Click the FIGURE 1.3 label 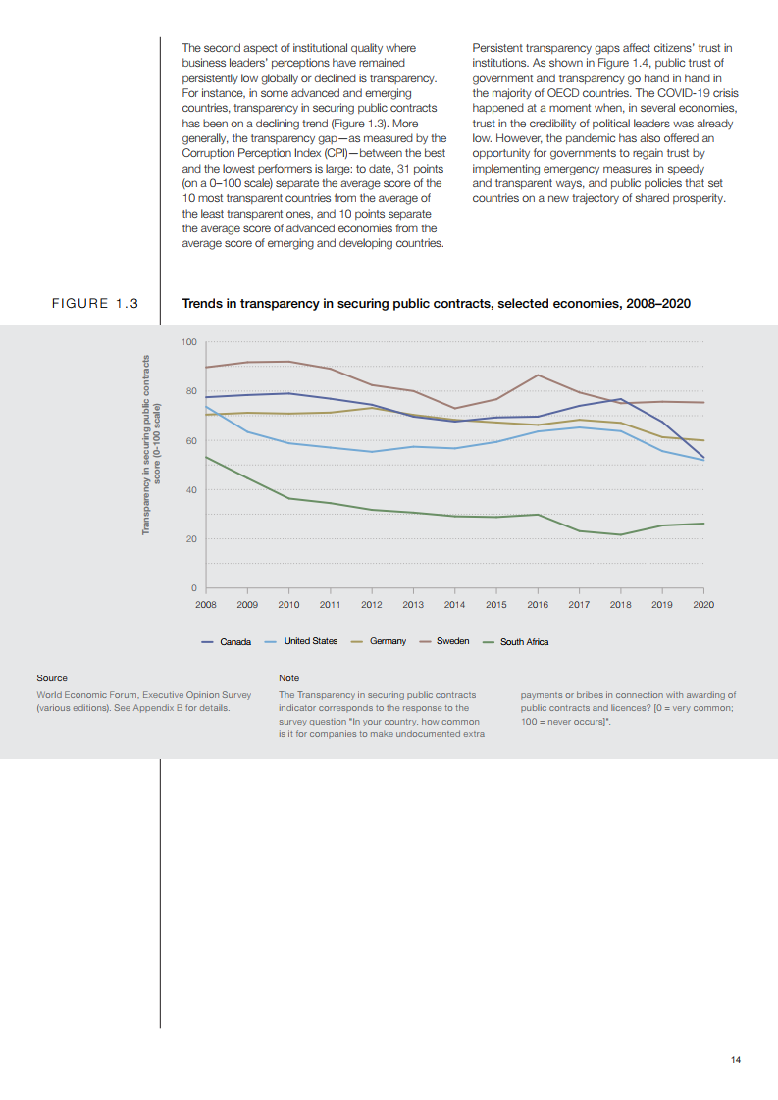94,304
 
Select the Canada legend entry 234,642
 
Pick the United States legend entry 310,641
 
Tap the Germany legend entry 388,641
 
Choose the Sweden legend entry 452,641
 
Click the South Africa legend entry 524,642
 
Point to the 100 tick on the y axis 189,342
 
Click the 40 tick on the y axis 191,490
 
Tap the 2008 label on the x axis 205,605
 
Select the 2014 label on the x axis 454,605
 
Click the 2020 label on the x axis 703,605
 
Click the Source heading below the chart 52,678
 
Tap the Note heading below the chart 289,678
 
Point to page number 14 736,1060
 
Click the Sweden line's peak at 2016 538,375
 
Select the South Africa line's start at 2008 206,457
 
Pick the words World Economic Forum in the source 84,695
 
